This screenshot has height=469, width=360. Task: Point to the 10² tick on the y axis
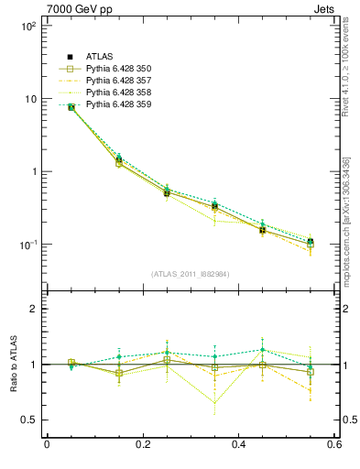click(27, 26)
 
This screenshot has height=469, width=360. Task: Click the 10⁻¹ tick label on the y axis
click(27, 245)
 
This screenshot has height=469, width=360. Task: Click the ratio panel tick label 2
click(33, 310)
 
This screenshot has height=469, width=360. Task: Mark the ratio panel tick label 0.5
click(29, 420)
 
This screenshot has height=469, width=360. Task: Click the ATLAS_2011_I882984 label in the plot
click(191, 274)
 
